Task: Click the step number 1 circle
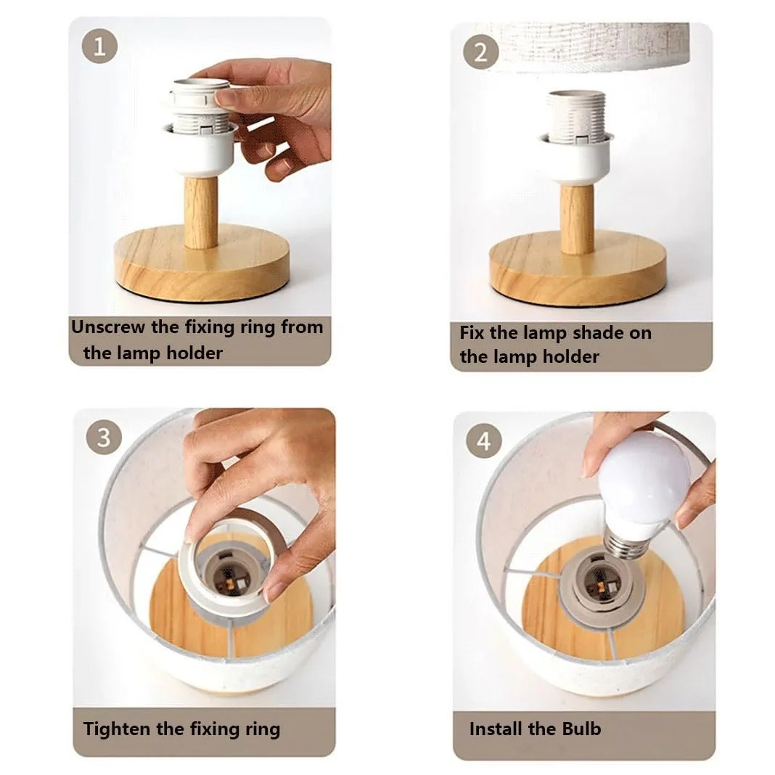(x=100, y=46)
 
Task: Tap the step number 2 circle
(x=480, y=52)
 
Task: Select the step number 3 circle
(x=103, y=438)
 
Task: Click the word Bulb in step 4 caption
(x=581, y=729)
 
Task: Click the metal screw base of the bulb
(x=626, y=544)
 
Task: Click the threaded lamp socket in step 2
(x=576, y=116)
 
